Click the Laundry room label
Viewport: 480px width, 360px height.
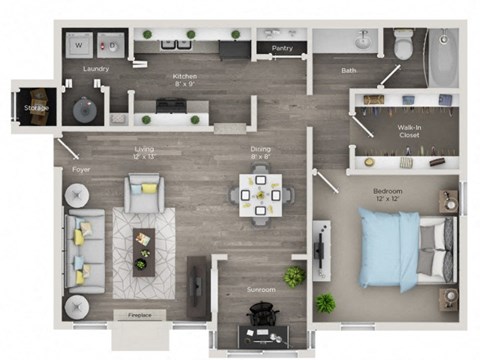click(x=97, y=69)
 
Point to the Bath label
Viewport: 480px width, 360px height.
click(x=348, y=70)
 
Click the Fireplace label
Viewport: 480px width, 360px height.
click(x=141, y=315)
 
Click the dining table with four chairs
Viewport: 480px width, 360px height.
click(x=260, y=195)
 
